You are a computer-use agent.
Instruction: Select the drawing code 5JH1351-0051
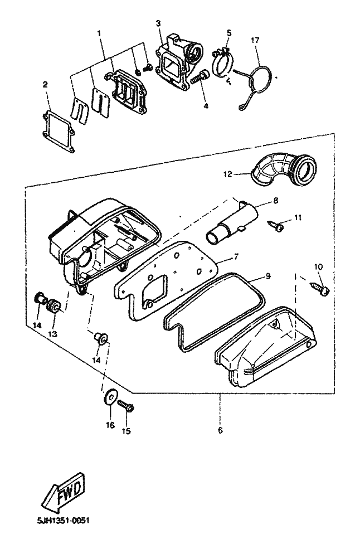pyautogui.click(x=63, y=521)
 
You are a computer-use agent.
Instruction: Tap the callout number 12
pyautogui.click(x=227, y=174)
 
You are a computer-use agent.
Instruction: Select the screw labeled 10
pyautogui.click(x=320, y=289)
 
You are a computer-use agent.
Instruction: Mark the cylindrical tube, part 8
pyautogui.click(x=232, y=222)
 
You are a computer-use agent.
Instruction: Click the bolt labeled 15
pyautogui.click(x=127, y=406)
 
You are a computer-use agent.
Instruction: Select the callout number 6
pyautogui.click(x=220, y=430)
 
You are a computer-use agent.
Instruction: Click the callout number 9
pyautogui.click(x=268, y=276)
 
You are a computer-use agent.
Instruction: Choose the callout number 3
pyautogui.click(x=158, y=23)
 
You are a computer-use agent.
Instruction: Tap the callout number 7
pyautogui.click(x=236, y=257)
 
